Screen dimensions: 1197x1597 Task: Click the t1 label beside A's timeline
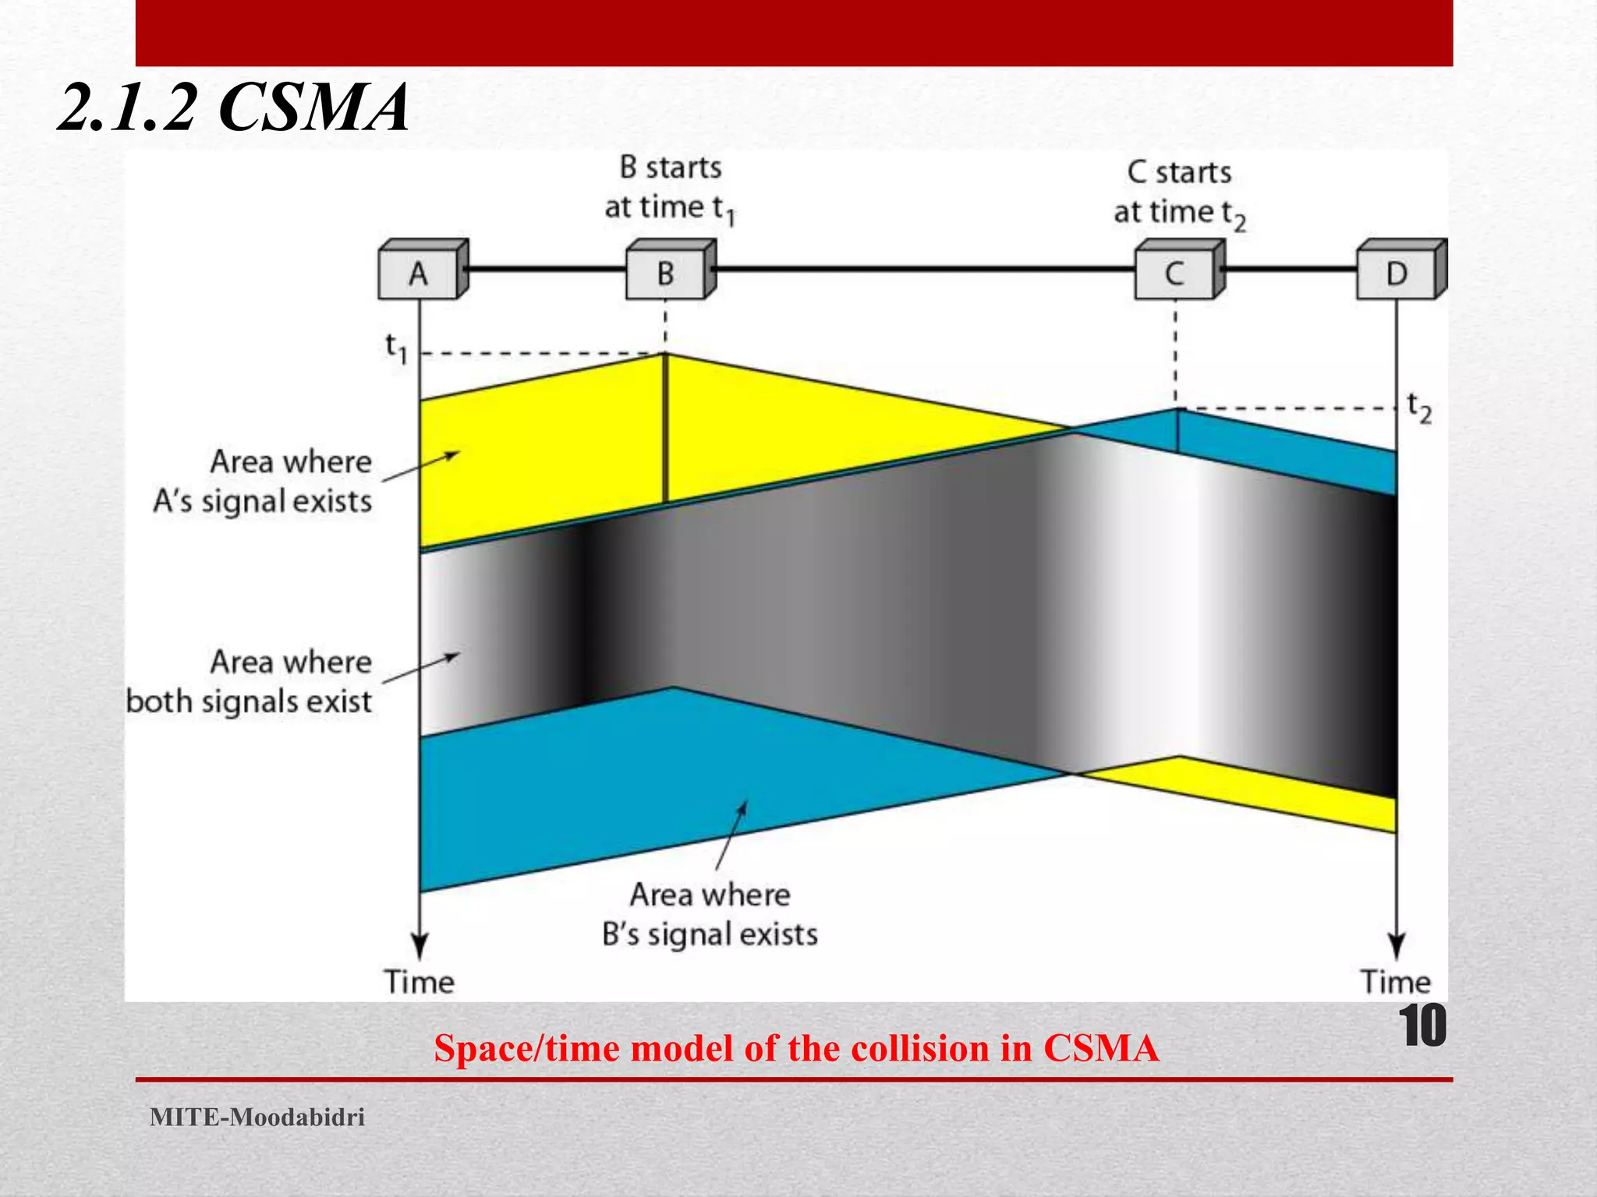click(397, 348)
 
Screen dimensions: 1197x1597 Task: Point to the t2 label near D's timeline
click(1419, 408)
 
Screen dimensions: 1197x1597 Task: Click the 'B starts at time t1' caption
click(671, 188)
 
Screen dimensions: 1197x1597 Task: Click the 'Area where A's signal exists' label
click(264, 481)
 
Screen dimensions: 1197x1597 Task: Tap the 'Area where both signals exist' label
click(250, 681)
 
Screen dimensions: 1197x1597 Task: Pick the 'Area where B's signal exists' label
click(710, 913)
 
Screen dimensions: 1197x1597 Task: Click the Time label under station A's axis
click(419, 982)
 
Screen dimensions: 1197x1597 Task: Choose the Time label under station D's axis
click(1396, 982)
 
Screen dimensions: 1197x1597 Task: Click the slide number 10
click(1422, 1026)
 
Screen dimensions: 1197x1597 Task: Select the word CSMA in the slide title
click(313, 108)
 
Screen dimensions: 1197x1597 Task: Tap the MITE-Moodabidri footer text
click(257, 1117)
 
